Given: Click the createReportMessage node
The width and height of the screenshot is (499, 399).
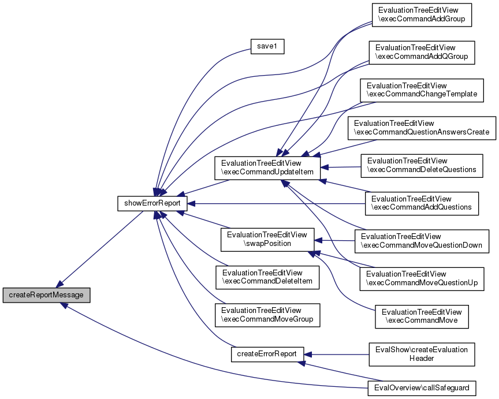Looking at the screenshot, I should pos(46,294).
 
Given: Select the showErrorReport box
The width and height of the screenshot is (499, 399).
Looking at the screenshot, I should pos(152,203).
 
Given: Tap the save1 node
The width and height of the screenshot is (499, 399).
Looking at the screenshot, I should pos(266,47).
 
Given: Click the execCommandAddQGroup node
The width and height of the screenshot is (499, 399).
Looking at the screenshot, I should pos(421,52).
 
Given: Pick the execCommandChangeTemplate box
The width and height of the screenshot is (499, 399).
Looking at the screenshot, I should pos(421,90).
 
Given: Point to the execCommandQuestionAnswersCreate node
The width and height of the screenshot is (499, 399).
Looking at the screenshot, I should pos(422,128).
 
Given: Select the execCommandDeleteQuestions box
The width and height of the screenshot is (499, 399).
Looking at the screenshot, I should pos(422,165).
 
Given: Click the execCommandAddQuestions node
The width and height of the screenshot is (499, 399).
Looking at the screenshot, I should pos(422,203).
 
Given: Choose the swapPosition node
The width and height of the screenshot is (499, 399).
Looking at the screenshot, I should pos(267,240).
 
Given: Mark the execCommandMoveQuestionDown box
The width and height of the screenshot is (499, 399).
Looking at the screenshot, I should pos(422,240).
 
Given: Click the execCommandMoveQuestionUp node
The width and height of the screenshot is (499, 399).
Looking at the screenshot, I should pos(422,278).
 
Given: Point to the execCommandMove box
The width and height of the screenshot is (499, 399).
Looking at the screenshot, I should pos(422,316).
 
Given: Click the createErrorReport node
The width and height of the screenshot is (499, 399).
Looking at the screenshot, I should pos(267,354).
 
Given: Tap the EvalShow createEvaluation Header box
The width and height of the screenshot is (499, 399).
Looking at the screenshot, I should pos(422,353).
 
